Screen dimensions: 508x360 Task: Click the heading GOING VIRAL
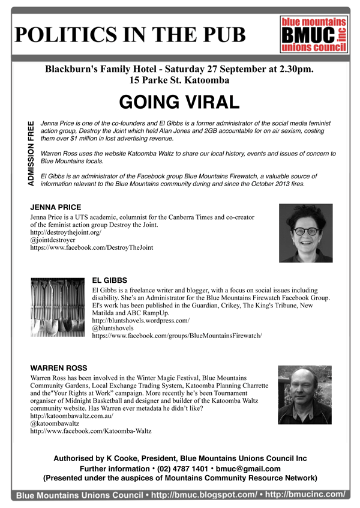pyautogui.click(x=179, y=102)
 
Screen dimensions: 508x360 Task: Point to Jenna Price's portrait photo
pyautogui.click(x=305, y=233)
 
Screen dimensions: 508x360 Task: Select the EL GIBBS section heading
pyautogui.click(x=110, y=280)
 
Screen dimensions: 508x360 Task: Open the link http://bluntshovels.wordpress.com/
pyautogui.click(x=140, y=321)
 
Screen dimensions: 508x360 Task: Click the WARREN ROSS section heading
pyautogui.click(x=59, y=367)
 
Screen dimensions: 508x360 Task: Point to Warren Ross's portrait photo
pyautogui.click(x=305, y=395)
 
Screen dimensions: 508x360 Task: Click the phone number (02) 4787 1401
pyautogui.click(x=161, y=468)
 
